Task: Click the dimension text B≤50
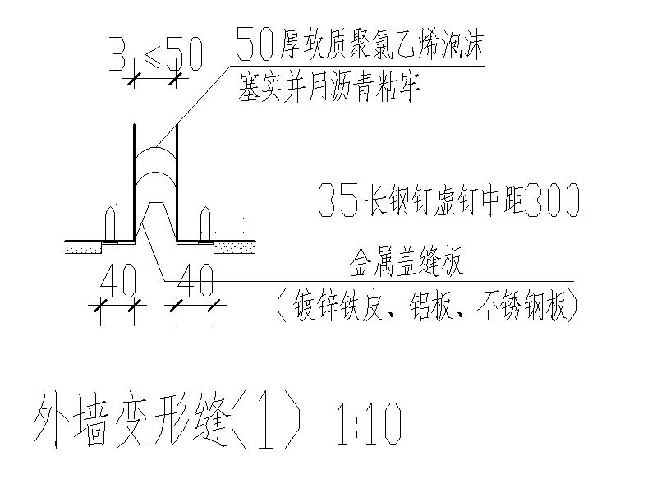point(155,55)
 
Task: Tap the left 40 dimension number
point(116,284)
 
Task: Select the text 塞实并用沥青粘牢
point(328,86)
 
